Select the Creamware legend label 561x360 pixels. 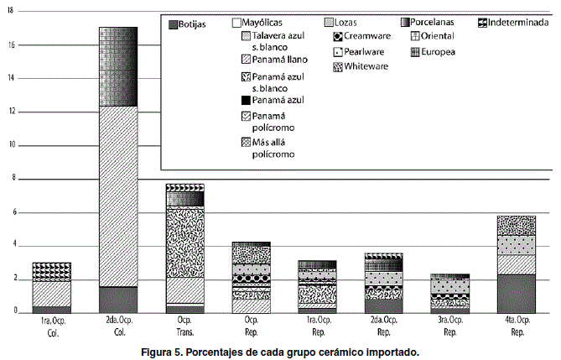(369, 37)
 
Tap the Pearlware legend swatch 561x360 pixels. (337, 51)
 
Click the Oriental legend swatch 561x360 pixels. (417, 36)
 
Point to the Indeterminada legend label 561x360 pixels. (517, 23)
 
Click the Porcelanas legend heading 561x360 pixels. (439, 23)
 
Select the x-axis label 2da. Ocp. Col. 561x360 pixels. (117, 326)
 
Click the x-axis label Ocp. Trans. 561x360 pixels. (184, 326)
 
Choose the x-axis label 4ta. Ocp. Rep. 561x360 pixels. (516, 326)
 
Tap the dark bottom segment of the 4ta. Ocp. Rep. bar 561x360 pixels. (516, 293)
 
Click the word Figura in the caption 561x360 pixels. (159, 351)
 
